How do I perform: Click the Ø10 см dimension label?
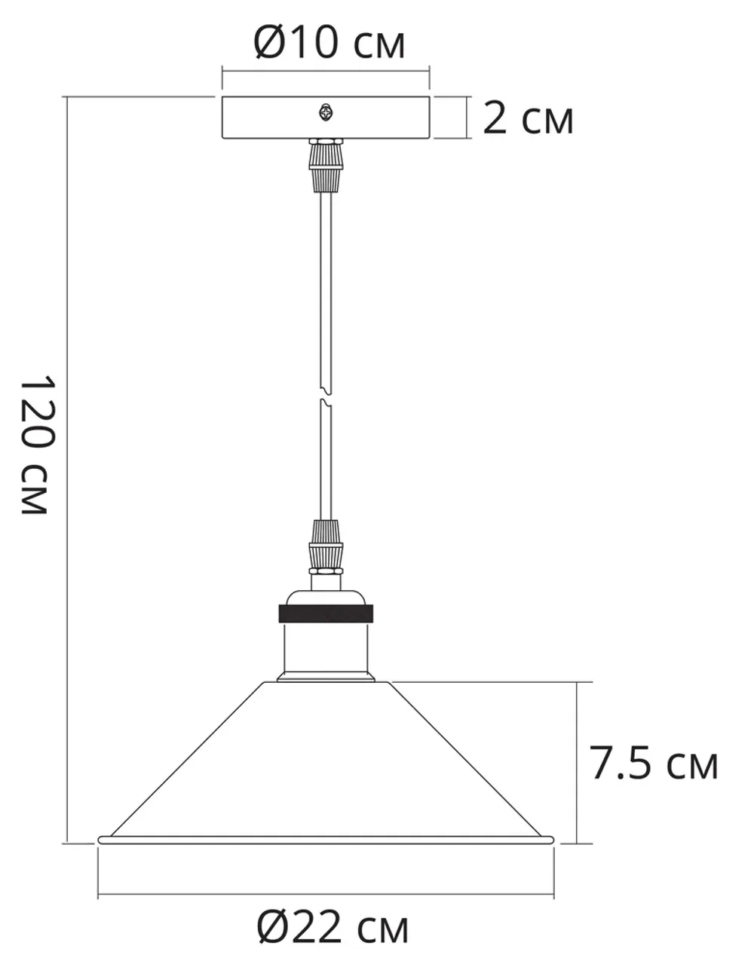329,42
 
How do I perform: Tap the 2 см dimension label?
528,118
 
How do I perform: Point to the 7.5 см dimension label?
654,764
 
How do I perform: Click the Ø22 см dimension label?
333,927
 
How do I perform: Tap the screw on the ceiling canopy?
326,113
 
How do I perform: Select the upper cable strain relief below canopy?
326,166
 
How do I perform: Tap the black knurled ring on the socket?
326,613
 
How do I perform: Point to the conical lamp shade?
326,761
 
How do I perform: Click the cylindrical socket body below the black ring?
326,648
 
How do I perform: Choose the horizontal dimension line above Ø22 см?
326,895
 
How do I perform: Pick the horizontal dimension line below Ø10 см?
326,72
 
